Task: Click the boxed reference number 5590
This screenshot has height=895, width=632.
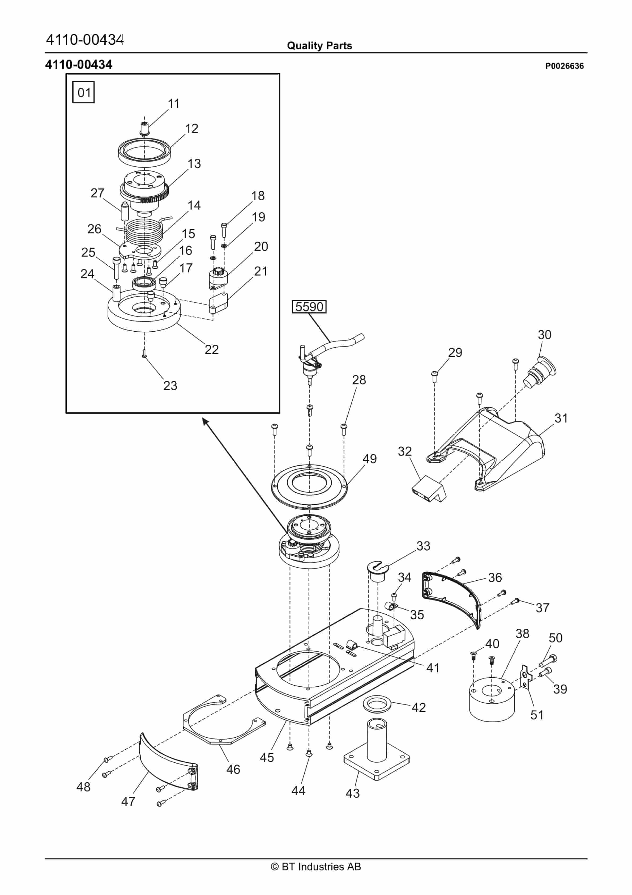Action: pyautogui.click(x=309, y=307)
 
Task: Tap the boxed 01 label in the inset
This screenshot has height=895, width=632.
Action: pyautogui.click(x=83, y=92)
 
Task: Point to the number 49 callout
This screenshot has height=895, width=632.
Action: pyautogui.click(x=369, y=459)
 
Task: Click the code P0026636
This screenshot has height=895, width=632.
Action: pyautogui.click(x=564, y=66)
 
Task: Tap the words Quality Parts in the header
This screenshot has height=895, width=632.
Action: pyautogui.click(x=319, y=46)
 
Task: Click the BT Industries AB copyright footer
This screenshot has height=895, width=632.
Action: pyautogui.click(x=316, y=867)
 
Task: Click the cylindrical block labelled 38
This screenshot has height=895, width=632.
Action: pyautogui.click(x=492, y=700)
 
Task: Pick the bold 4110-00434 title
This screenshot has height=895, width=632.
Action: pyautogui.click(x=79, y=65)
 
